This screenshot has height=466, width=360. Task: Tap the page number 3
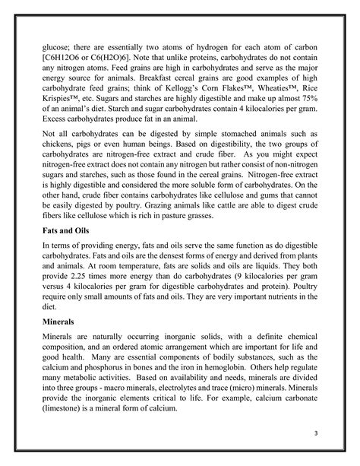314,433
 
